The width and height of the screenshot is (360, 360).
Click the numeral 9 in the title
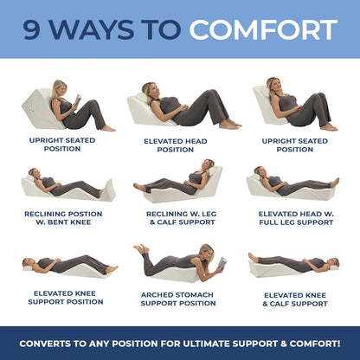(x=35, y=29)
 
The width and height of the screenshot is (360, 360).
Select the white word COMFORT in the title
(x=263, y=29)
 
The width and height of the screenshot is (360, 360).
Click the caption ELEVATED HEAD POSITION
(x=176, y=145)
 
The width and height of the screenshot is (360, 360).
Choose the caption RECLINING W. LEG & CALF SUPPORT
(x=176, y=217)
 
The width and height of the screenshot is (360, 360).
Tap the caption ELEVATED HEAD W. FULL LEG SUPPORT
(x=295, y=217)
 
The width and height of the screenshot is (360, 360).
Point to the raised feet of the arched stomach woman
(x=139, y=249)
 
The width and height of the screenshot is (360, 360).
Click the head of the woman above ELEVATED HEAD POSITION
(x=149, y=89)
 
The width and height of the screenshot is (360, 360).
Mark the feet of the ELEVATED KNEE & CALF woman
(x=253, y=256)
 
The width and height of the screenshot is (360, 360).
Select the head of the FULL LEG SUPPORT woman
(x=260, y=172)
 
